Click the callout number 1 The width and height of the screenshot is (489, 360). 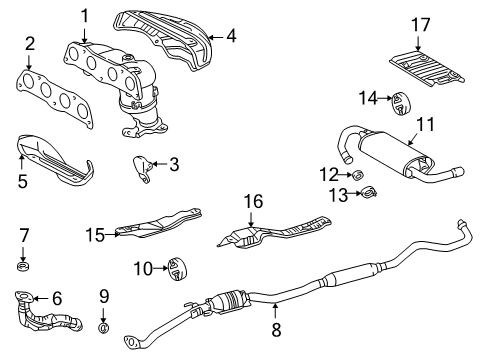click(x=85, y=15)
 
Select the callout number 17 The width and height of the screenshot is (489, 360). click(x=419, y=24)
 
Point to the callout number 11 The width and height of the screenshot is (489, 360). click(x=426, y=125)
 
